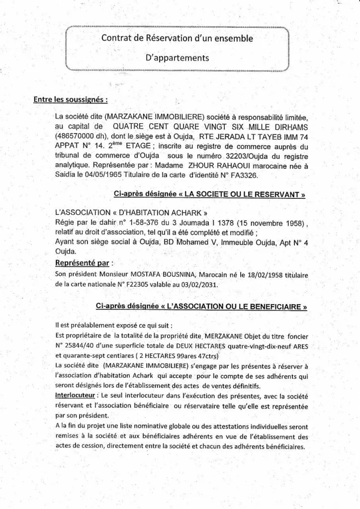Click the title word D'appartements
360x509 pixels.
click(x=177, y=58)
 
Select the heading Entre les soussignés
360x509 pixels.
click(x=71, y=99)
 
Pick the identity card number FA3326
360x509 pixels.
click(x=258, y=175)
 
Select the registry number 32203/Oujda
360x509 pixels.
click(x=228, y=158)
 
